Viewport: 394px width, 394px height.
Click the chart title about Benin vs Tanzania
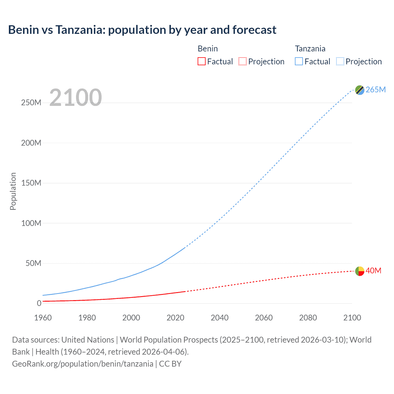pos(142,30)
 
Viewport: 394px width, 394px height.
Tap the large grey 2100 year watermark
pos(75,98)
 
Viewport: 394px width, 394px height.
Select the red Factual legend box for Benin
pos(201,61)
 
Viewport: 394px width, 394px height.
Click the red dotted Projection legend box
pos(243,61)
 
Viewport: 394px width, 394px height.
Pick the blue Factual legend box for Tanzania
pos(299,61)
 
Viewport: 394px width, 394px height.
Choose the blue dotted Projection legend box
pos(340,61)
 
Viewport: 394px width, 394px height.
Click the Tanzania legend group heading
pos(310,49)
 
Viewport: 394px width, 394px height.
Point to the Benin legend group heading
pos(207,49)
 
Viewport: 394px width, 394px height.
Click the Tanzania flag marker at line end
pos(360,90)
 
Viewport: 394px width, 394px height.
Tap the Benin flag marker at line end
pos(360,271)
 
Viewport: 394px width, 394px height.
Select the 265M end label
pos(376,90)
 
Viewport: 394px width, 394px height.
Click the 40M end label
pos(373,271)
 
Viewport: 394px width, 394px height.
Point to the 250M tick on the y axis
pos(31,103)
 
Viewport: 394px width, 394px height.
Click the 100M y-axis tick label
pos(31,223)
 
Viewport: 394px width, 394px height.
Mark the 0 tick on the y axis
pos(39,304)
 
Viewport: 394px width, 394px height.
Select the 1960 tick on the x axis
pos(43,318)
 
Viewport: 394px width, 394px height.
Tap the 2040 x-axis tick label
pos(219,318)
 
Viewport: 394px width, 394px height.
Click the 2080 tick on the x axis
pos(308,318)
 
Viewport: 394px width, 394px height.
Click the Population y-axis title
pos(13,191)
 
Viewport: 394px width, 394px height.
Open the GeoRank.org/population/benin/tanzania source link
pos(82,364)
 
